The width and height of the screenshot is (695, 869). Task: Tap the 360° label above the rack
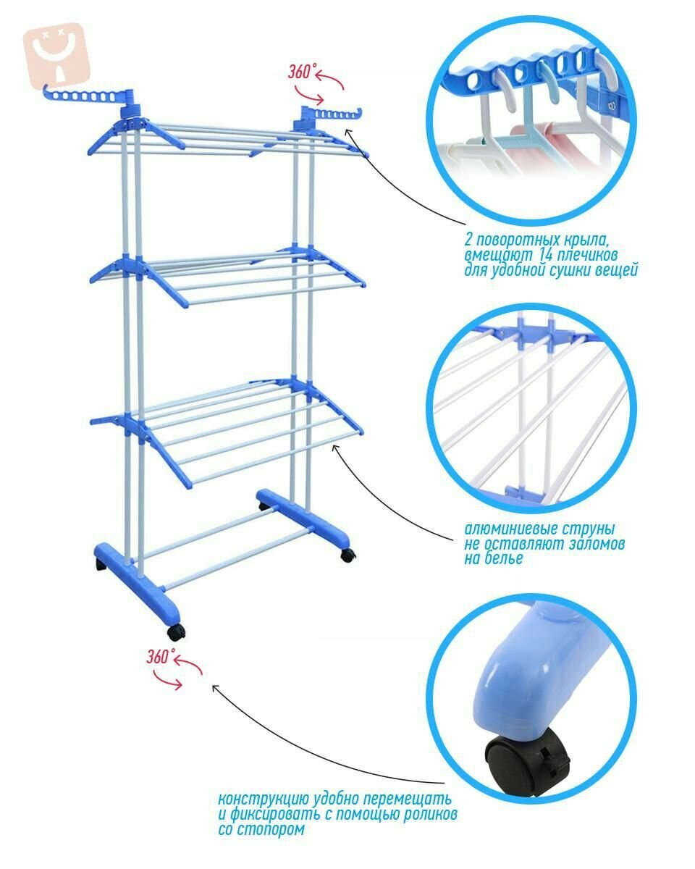coord(300,72)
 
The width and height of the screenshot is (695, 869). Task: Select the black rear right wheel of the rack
coord(348,555)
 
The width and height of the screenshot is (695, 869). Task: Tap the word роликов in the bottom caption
coord(430,813)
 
